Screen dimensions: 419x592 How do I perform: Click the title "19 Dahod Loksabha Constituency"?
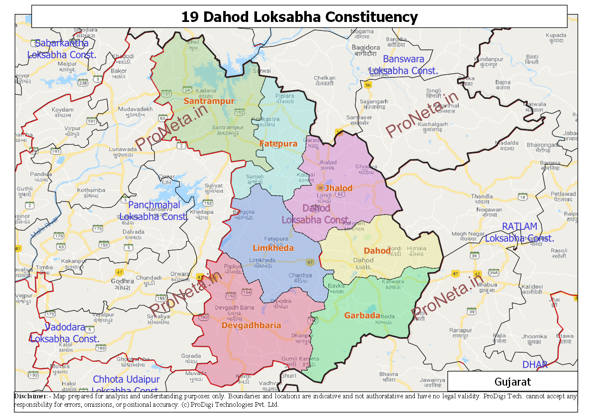tap(299, 17)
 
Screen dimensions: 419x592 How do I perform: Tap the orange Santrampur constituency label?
tap(209, 101)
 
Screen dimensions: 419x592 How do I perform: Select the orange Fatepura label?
tap(278, 144)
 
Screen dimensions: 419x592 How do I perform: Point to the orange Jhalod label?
tap(338, 188)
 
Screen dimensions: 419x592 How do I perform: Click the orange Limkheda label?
tap(273, 248)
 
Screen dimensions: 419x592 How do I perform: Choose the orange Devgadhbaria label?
tap(251, 325)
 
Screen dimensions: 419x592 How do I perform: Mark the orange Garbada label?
tap(362, 316)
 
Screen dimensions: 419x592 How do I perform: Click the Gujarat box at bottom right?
tap(512, 382)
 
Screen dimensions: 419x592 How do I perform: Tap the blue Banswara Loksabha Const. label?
tap(403, 65)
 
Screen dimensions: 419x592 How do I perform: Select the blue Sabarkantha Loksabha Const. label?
tap(62, 49)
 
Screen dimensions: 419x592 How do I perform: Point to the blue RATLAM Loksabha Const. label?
tap(519, 232)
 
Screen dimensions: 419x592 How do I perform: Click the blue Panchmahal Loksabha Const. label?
tap(154, 211)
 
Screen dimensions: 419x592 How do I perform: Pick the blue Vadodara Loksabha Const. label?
tap(65, 333)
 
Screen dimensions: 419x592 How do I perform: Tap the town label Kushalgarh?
tap(433, 124)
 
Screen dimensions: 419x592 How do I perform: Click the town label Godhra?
tap(122, 281)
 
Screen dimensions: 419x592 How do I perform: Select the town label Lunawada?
tap(123, 149)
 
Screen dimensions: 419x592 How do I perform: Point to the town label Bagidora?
tap(366, 48)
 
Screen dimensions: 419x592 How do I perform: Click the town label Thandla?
tap(481, 196)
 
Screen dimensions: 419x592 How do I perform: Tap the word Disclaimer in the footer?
tap(31, 396)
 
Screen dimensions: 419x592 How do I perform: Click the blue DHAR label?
tap(535, 365)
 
